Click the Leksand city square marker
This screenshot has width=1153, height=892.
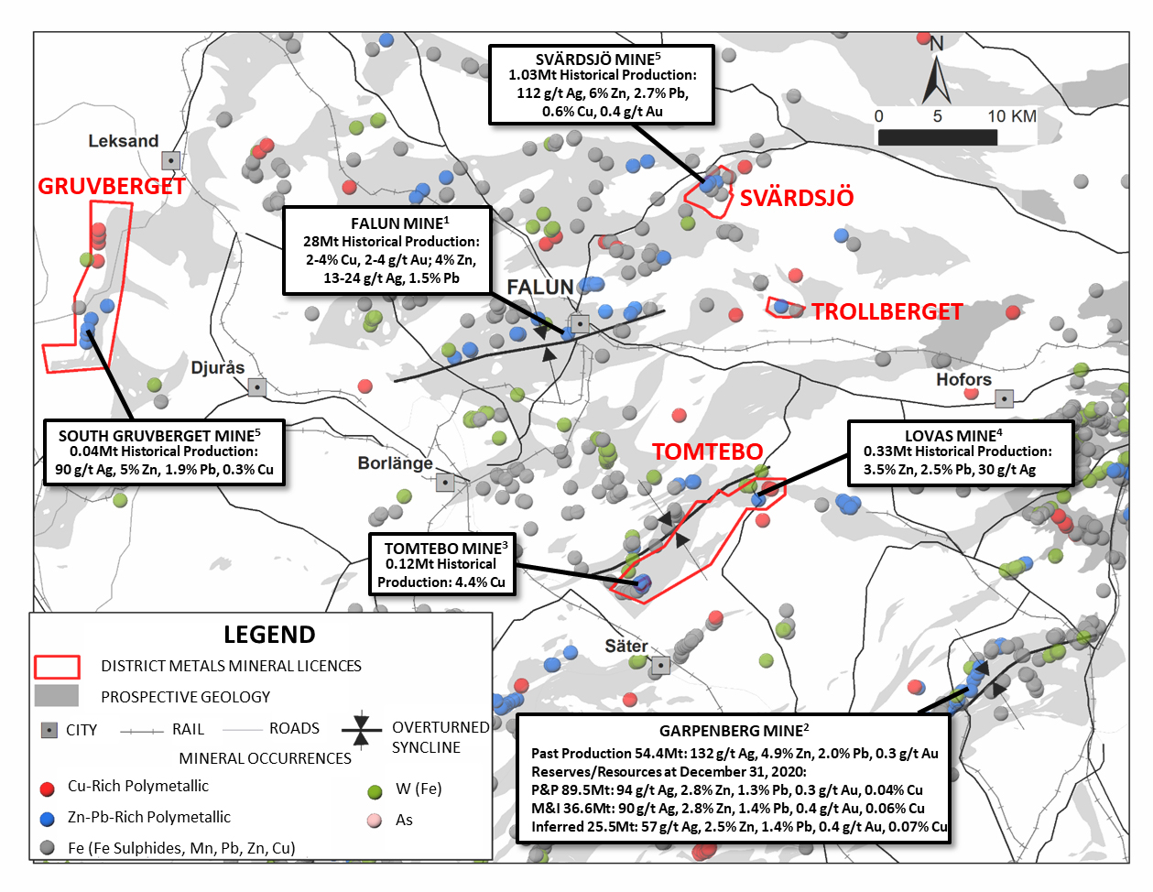[170, 159]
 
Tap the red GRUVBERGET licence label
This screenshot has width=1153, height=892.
[112, 186]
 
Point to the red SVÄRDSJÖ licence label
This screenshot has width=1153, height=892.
[797, 198]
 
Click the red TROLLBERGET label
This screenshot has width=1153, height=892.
[887, 311]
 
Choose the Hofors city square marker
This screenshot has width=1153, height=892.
[1004, 398]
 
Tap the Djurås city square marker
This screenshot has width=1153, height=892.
[256, 387]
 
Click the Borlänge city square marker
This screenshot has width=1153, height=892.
[445, 483]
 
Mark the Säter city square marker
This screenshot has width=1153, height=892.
[660, 665]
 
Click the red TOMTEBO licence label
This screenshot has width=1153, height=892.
[707, 451]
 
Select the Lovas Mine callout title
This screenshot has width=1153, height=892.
[953, 436]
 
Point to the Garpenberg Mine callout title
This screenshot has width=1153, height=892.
[734, 731]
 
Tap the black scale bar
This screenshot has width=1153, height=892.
[938, 137]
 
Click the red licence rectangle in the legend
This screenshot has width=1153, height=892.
[57, 667]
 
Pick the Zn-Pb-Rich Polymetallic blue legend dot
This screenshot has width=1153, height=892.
[48, 819]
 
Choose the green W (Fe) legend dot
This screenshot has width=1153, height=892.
[375, 791]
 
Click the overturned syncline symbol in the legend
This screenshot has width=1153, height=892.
[362, 730]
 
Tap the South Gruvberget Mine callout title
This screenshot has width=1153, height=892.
[159, 436]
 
